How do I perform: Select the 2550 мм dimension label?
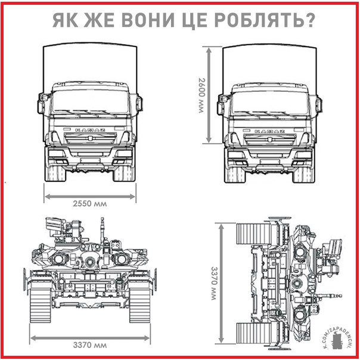click(90, 203)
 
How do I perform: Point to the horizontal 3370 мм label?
click(90, 345)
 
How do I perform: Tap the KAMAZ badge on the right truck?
click(269, 130)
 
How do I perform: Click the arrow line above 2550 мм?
click(90, 194)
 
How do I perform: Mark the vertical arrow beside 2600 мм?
click(209, 95)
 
